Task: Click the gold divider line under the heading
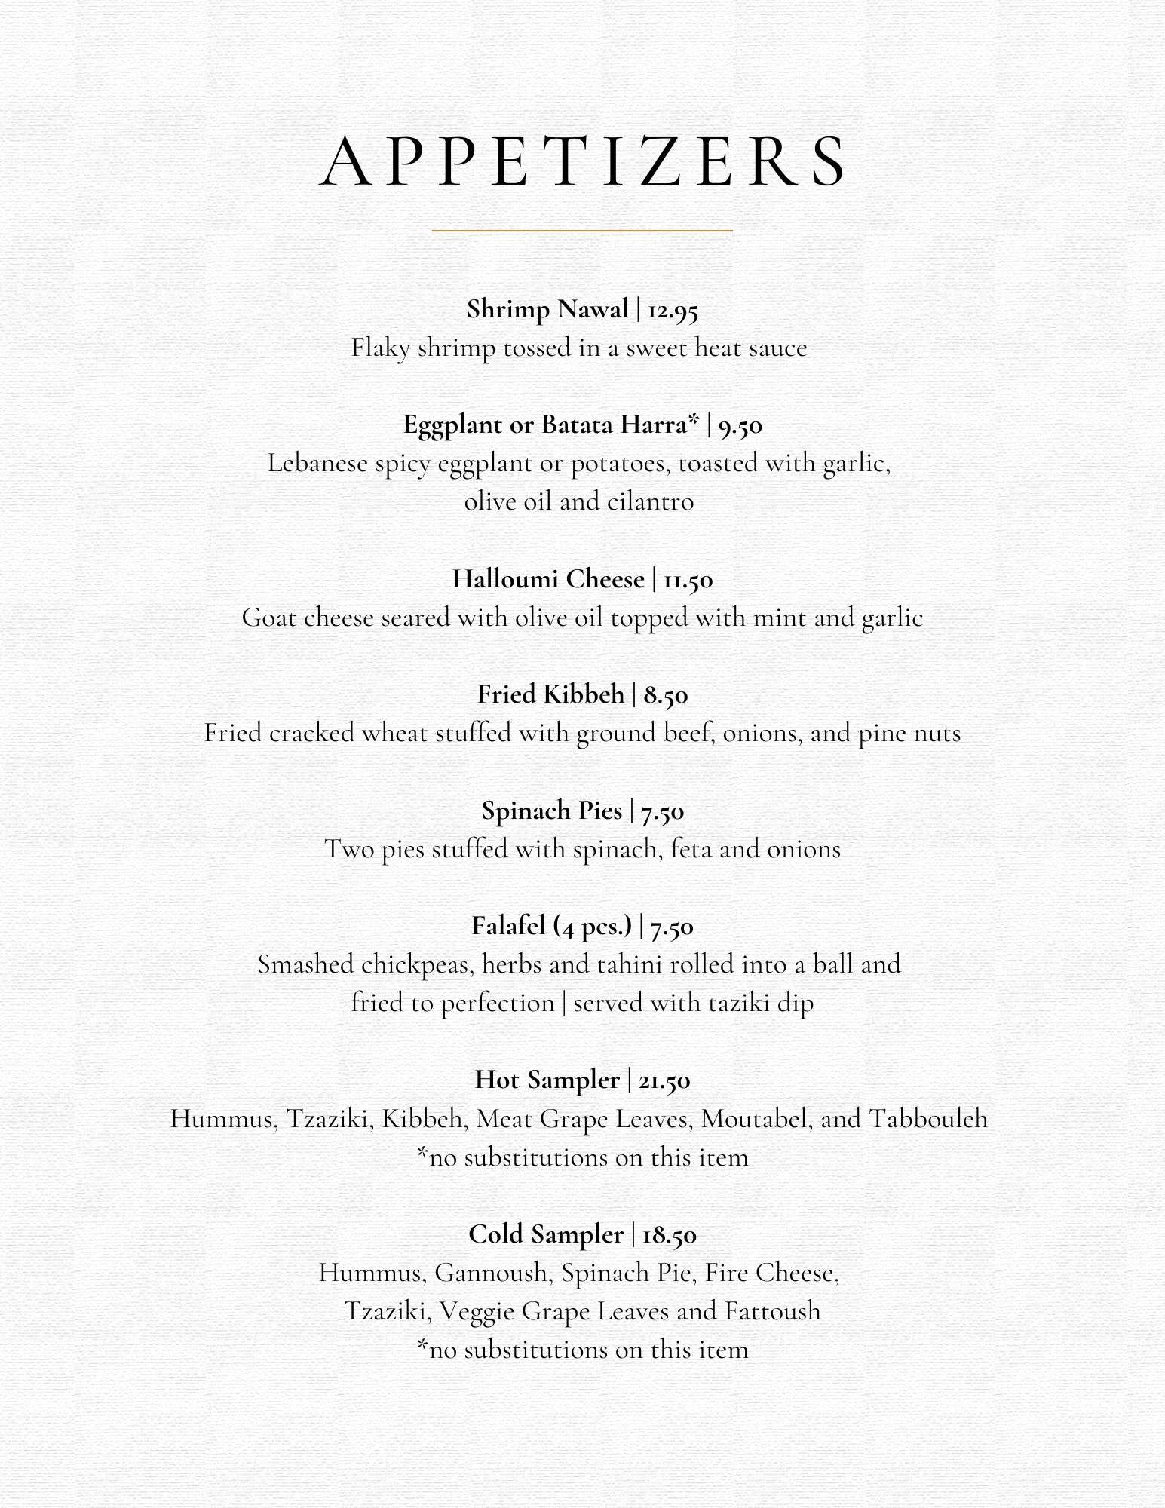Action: click(x=582, y=230)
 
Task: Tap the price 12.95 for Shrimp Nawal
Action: click(x=673, y=310)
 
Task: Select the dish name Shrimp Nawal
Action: click(x=547, y=309)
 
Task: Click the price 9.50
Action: click(x=740, y=425)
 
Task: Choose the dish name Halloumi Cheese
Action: click(x=548, y=578)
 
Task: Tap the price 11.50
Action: click(x=688, y=580)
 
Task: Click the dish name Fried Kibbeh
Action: click(x=550, y=694)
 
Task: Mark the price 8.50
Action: click(x=666, y=694)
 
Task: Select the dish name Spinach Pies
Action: click(x=551, y=810)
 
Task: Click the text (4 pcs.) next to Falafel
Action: click(x=593, y=927)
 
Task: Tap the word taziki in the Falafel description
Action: click(x=742, y=1003)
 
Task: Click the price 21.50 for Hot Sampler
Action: click(x=664, y=1080)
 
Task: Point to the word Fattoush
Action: click(x=773, y=1310)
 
